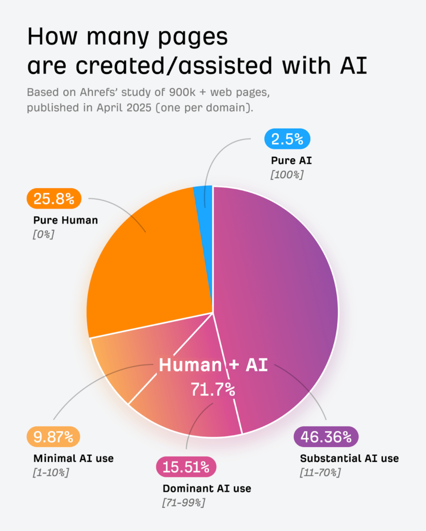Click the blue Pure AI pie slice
(203, 196)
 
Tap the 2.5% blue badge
(287, 139)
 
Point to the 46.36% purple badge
(326, 437)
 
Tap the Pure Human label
(65, 220)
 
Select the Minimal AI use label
(73, 458)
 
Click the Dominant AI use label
(207, 488)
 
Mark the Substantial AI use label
(349, 458)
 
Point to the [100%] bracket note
(287, 175)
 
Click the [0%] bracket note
(44, 234)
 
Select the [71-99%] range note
(184, 502)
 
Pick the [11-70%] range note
(320, 472)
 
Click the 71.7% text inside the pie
(212, 389)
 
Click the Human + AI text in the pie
(213, 365)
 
